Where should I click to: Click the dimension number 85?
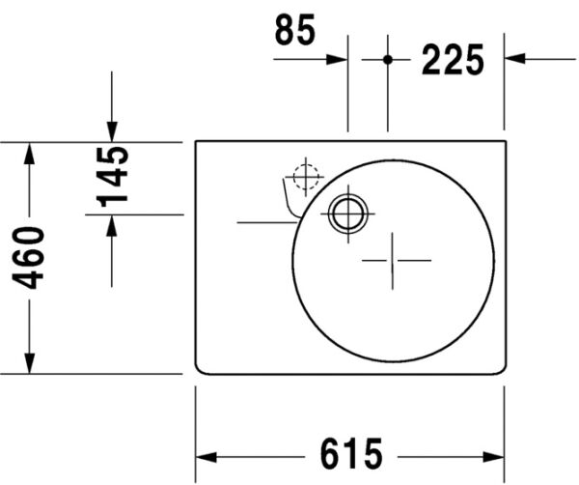point(295,31)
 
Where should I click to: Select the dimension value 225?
point(452,61)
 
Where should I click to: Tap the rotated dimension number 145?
point(113,176)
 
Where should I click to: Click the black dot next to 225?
point(388,59)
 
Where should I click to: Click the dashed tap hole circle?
point(305,178)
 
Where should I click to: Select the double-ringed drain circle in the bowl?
point(345,213)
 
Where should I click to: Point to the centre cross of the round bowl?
point(393,260)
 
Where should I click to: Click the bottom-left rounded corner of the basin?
point(199,369)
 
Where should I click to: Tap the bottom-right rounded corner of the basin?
point(501,369)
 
